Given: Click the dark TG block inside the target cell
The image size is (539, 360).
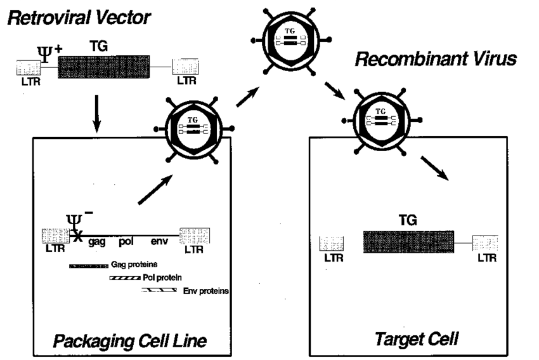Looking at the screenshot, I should point(408,242).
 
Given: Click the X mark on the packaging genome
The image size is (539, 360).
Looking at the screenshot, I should point(77,236).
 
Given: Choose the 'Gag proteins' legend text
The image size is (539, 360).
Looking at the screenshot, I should point(133,264).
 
